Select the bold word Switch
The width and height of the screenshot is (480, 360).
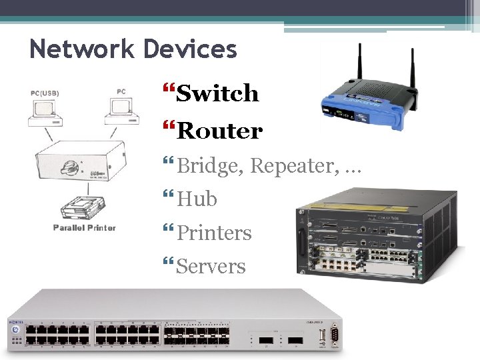point(217,93)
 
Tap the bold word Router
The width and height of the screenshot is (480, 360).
point(219,131)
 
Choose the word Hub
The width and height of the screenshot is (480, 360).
point(197,199)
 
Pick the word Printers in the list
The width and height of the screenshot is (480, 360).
point(214,233)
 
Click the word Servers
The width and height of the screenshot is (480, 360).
point(211,267)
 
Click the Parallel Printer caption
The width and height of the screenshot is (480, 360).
point(85,228)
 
